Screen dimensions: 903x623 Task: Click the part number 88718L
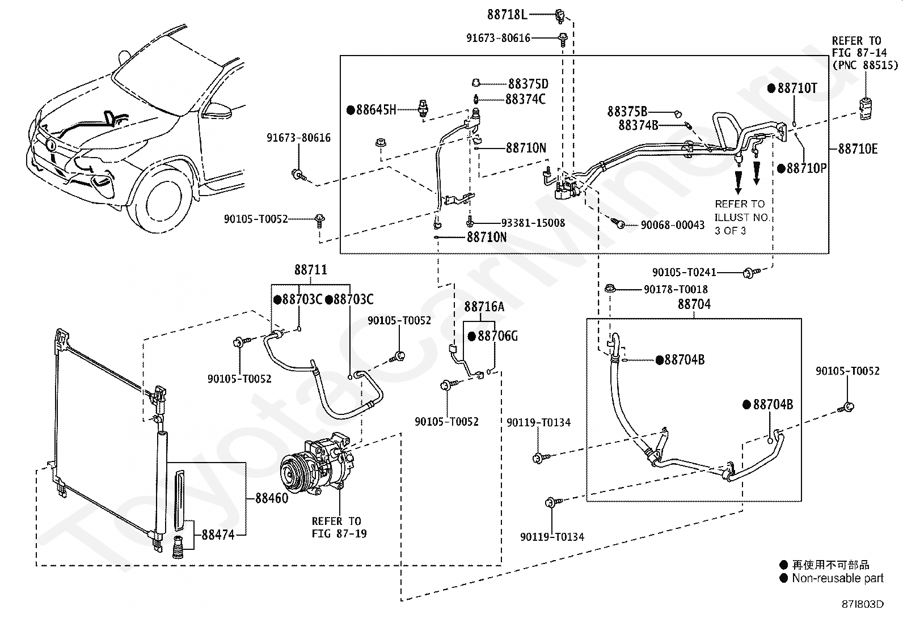pos(507,15)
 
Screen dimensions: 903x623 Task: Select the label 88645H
pos(376,109)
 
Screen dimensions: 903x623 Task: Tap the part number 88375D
pos(528,84)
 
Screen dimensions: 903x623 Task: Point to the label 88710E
pos(858,149)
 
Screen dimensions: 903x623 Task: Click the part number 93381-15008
pos(533,223)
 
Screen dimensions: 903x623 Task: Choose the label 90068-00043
pos(672,225)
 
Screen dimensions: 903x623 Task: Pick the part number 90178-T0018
pos(676,289)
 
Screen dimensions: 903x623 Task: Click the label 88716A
pos(484,307)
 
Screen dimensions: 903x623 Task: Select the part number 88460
pos(272,498)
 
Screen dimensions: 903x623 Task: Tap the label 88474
pos(218,535)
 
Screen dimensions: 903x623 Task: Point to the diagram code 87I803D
pos(862,604)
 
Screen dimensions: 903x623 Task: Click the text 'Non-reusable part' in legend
pos(838,578)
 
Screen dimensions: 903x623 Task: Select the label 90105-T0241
pos(684,273)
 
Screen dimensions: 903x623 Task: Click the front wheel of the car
pos(161,200)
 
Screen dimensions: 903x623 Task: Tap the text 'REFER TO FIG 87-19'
pos(339,528)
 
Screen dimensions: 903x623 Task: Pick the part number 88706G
pos(497,336)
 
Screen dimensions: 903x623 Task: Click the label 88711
pos(310,270)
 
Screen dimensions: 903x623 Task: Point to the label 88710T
pos(797,88)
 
